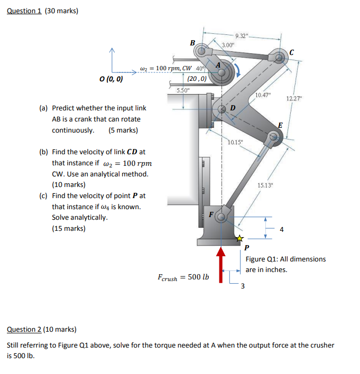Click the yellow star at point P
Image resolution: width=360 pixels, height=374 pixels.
tap(239, 239)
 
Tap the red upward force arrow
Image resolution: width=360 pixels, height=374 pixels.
tap(221, 264)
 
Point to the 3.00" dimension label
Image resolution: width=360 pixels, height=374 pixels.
tap(228, 46)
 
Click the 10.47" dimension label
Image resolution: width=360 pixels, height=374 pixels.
tap(262, 95)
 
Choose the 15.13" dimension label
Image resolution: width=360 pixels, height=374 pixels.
tap(265, 184)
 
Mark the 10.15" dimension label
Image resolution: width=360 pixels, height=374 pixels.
tap(235, 143)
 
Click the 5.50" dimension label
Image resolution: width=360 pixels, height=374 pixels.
tap(183, 91)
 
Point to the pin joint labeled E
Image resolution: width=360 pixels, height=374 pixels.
tap(273, 138)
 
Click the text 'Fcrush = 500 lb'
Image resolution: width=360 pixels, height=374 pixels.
tap(183, 277)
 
